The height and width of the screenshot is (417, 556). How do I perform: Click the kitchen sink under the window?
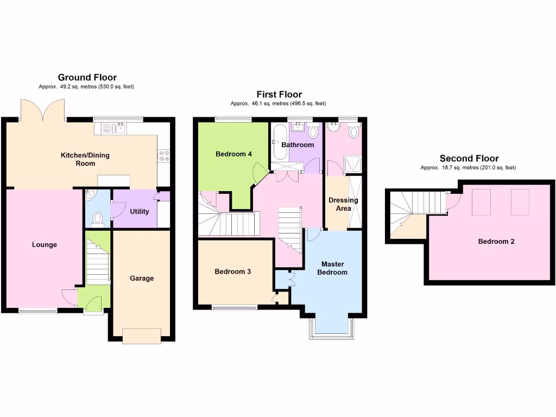click(118, 128)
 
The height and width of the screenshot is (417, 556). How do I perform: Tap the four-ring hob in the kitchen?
click(163, 156)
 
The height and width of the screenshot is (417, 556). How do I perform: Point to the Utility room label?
click(139, 211)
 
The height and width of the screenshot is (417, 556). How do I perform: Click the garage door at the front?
click(142, 336)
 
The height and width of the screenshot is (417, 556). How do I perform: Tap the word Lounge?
click(44, 245)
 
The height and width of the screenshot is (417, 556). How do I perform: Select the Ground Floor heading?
click(87, 78)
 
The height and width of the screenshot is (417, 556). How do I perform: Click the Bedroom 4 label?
click(233, 154)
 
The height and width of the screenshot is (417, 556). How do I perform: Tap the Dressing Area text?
click(343, 204)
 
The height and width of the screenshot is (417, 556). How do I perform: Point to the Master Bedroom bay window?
click(331, 329)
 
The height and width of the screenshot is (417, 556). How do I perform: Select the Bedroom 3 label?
click(232, 271)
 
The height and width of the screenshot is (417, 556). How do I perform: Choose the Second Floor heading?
click(469, 159)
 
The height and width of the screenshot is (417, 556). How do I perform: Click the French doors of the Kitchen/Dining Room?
click(43, 110)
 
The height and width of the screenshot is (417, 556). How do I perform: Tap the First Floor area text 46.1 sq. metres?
click(278, 103)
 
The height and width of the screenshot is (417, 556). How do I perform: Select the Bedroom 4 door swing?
click(260, 173)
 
